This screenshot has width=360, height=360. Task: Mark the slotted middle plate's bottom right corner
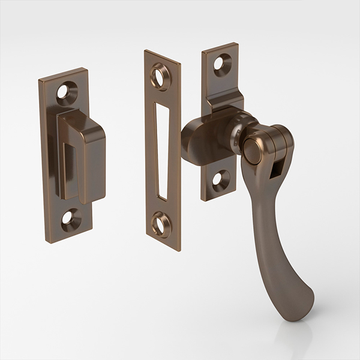pyautogui.click(x=180, y=248)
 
